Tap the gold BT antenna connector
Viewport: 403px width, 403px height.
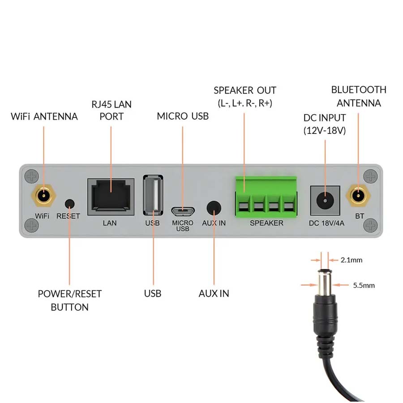(x=358, y=195)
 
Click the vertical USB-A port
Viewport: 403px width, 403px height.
(x=153, y=196)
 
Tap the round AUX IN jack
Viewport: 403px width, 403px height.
(x=214, y=207)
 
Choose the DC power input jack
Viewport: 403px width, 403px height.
(x=325, y=199)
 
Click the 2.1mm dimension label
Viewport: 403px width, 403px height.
(x=351, y=260)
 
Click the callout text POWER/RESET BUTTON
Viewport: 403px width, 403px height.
(x=69, y=300)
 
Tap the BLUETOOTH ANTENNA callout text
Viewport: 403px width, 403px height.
(x=359, y=96)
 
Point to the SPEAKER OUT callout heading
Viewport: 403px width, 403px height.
(x=245, y=90)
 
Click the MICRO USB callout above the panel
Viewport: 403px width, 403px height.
(x=183, y=116)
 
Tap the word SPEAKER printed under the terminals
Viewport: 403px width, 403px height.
(x=266, y=223)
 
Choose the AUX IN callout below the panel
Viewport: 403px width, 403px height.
(x=214, y=294)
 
